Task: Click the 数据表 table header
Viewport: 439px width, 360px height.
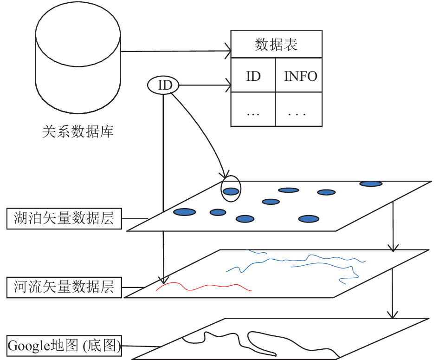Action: pos(276,44)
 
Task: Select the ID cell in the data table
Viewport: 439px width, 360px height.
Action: pos(253,75)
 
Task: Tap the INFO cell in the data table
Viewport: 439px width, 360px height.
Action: pos(299,75)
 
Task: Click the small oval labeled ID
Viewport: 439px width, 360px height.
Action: pos(163,85)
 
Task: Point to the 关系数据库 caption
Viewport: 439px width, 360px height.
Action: pos(78,131)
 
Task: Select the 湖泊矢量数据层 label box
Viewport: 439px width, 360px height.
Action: pos(64,218)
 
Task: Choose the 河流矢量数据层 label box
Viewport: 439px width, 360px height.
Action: pos(64,287)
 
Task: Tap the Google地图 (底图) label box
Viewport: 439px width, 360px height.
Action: pos(64,346)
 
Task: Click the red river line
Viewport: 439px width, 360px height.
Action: pos(204,287)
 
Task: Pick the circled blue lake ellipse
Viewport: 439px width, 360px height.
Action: pos(231,191)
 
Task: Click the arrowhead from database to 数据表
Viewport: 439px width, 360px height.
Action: pos(228,51)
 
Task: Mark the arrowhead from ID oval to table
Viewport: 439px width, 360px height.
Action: pos(228,85)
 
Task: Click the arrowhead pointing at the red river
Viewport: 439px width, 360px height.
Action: pos(163,280)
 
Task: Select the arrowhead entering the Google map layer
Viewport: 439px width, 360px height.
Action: pos(393,315)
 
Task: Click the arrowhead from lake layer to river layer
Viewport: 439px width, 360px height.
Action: pos(393,248)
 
